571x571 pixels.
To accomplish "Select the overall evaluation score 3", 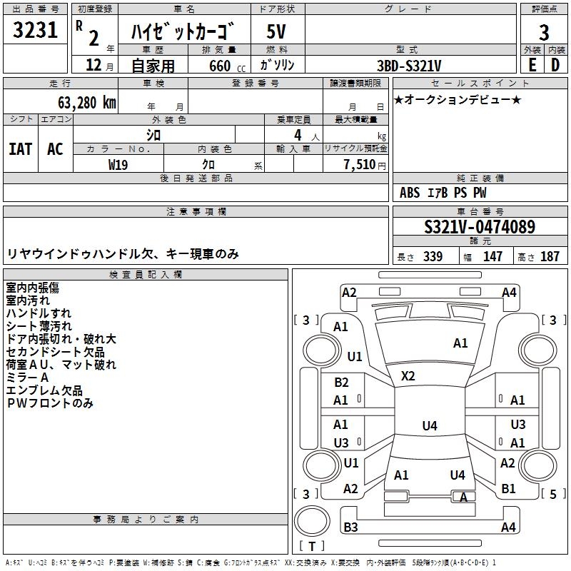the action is tap(544, 32).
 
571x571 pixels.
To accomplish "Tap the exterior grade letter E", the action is tap(532, 64).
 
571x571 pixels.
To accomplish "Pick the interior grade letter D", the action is tap(555, 64).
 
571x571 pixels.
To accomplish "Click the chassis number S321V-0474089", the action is tap(480, 228).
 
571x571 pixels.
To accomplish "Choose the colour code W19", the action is tap(118, 163).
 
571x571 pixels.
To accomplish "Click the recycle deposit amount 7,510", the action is tap(360, 164).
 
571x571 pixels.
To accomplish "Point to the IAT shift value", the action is tap(20, 148).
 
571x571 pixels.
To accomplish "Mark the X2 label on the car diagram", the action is tap(408, 375).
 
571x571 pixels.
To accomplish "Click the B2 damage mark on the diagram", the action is tap(341, 383).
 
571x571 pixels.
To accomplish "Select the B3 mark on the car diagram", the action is tap(350, 527).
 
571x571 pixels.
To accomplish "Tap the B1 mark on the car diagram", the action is tap(508, 489).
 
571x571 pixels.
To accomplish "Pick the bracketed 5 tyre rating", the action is tap(553, 494).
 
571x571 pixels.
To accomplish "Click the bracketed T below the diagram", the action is tap(312, 547).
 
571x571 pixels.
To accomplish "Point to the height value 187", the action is tap(550, 256).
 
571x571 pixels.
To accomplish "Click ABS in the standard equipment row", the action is tap(410, 193).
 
